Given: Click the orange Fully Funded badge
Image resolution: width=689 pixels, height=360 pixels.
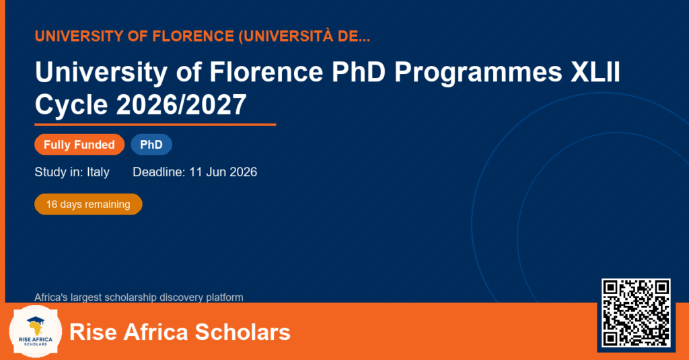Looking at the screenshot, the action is pyautogui.click(x=79, y=145).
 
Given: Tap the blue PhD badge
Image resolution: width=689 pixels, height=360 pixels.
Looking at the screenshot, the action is pyautogui.click(x=151, y=145).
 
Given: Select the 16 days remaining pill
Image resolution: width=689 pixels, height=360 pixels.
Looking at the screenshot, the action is pyautogui.click(x=88, y=205).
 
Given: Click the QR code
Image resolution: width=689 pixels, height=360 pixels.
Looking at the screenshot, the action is pyautogui.click(x=636, y=313).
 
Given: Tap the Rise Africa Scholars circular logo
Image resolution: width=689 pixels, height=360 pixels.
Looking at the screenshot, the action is pyautogui.click(x=35, y=331).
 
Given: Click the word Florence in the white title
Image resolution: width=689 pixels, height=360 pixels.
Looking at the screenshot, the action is pyautogui.click(x=266, y=71).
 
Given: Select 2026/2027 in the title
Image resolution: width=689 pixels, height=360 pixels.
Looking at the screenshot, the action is pyautogui.click(x=181, y=104).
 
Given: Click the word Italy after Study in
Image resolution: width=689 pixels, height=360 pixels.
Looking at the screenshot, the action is pyautogui.click(x=98, y=172).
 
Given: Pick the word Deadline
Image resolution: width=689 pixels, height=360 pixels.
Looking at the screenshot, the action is pyautogui.click(x=159, y=172).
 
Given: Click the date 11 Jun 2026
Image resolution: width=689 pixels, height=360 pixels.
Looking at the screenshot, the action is pyautogui.click(x=223, y=172).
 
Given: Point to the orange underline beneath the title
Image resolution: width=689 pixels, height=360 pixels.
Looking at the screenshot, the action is pyautogui.click(x=155, y=125).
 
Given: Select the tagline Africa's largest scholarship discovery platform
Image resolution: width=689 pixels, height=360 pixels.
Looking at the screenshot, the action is pyautogui.click(x=139, y=297).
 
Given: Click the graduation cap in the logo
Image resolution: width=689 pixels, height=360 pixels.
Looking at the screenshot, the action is pyautogui.click(x=36, y=321).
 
